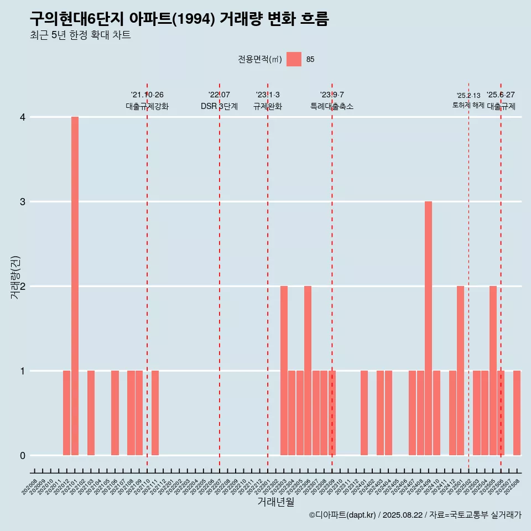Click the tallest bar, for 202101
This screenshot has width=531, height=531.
coord(75,286)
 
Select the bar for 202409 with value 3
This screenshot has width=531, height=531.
coord(429,328)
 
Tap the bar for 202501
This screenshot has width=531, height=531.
coord(461,371)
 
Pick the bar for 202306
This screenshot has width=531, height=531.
coord(308,371)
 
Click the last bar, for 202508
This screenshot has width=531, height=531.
coord(517,413)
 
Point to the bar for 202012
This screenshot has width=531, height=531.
coord(66,413)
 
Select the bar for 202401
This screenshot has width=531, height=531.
coord(364,413)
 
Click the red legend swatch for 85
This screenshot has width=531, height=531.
coord(294,59)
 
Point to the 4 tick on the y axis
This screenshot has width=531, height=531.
coord(23,117)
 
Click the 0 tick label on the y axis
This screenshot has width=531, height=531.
coord(23,456)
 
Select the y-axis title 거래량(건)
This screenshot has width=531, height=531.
coord(15,277)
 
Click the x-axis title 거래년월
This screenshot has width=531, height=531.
coord(275,502)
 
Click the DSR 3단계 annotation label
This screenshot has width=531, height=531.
coord(220,106)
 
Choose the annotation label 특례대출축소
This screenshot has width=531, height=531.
coord(332,106)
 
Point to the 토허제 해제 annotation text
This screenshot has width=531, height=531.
coord(468,105)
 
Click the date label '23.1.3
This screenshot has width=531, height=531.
coord(268,95)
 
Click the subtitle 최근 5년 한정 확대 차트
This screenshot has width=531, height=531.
coord(80,36)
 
